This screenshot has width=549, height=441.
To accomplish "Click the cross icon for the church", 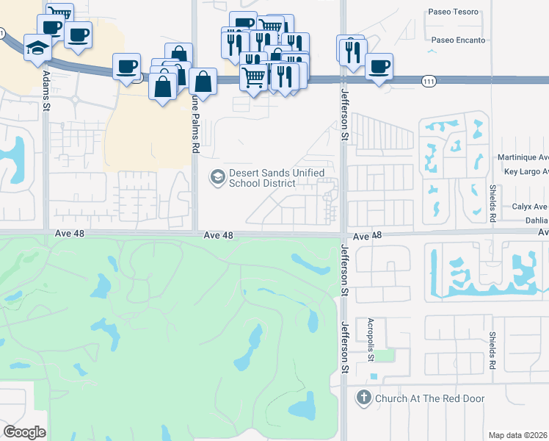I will [x=363, y=398].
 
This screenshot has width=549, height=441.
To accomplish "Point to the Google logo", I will [x=25, y=432].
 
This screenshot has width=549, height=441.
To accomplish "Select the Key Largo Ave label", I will [x=526, y=171].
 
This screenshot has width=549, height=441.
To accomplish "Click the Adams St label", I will [x=46, y=89].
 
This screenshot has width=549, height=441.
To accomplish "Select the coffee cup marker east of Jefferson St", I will [x=379, y=66].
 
